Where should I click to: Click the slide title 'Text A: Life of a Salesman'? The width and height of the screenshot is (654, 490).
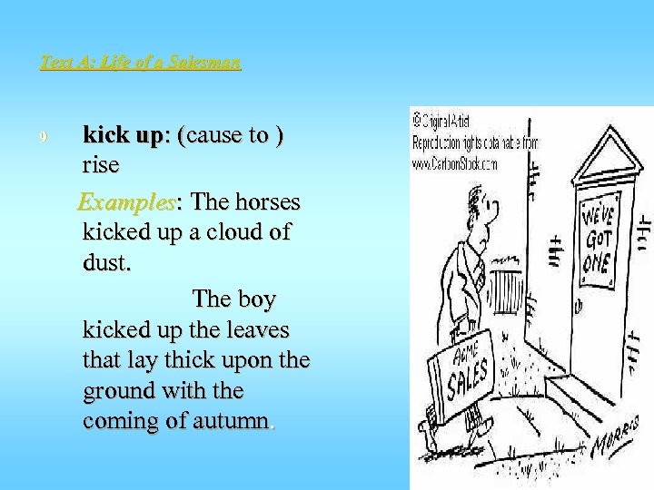coord(141,63)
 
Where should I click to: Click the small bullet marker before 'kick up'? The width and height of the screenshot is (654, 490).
coord(44,137)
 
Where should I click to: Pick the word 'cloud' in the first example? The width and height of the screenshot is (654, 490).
coord(229,232)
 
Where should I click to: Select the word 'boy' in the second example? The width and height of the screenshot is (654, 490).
coord(257,299)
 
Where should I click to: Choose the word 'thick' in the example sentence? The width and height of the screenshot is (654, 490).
coord(202,360)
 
